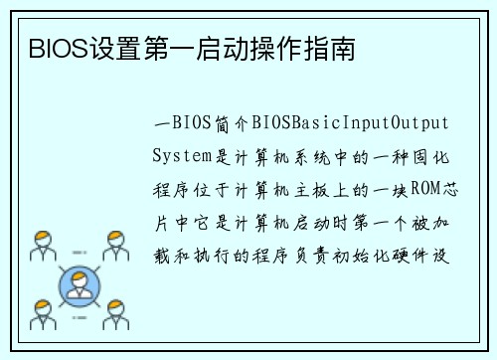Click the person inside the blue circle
[79, 286]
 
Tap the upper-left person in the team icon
[41, 246]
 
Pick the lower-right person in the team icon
[117, 311]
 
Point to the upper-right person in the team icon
[117, 246]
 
